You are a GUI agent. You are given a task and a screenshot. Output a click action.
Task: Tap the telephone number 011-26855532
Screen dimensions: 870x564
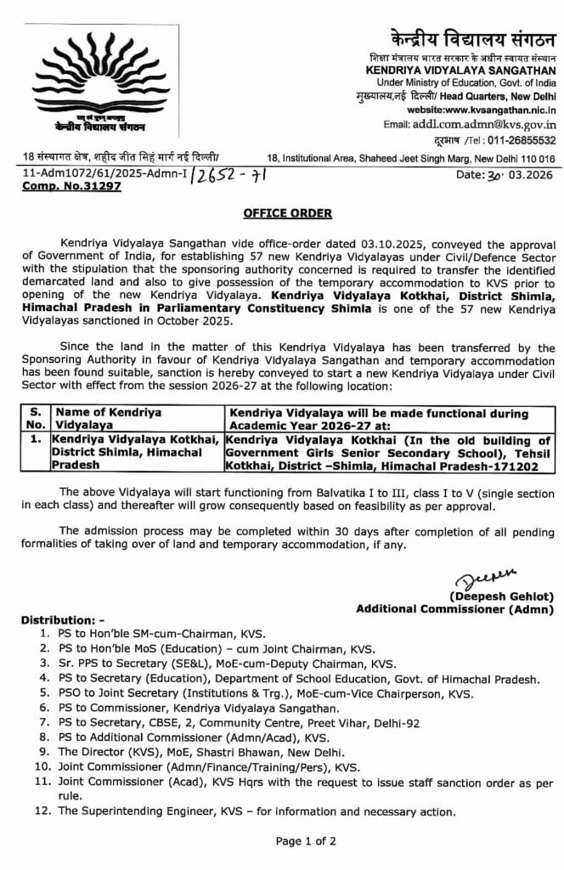coord(517,140)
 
